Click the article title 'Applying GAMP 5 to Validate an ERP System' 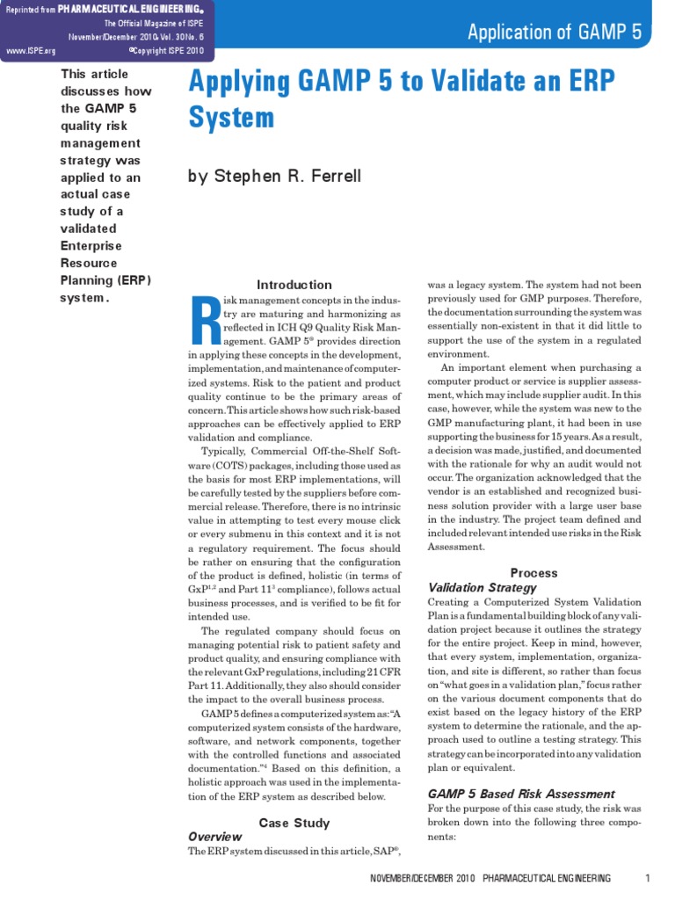point(402,98)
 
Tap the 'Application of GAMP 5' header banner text point(555,33)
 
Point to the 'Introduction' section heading point(294,285)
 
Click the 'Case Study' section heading point(294,823)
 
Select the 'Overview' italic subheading point(215,837)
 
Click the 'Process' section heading point(534,573)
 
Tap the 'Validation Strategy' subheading point(482,587)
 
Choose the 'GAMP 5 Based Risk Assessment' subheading point(521,793)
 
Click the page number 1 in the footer point(647,879)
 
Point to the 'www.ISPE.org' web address point(25,51)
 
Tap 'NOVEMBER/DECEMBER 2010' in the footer point(423,879)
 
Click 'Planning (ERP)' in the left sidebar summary point(105,279)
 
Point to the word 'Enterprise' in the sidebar point(91,245)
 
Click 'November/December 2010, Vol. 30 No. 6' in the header point(141,37)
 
